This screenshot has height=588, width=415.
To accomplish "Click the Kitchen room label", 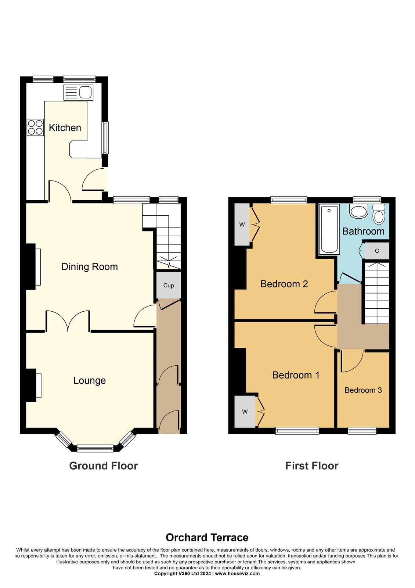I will [x=65, y=128].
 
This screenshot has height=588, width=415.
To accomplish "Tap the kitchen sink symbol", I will [x=79, y=92].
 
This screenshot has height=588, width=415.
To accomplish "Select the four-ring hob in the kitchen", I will [x=35, y=127].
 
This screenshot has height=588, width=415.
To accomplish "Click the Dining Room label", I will [x=90, y=267].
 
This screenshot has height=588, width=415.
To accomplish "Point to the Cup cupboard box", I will [x=169, y=285].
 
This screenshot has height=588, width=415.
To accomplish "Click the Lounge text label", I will [x=90, y=381].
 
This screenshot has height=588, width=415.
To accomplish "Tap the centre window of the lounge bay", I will [x=95, y=448].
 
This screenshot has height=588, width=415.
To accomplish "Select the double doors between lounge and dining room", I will [x=68, y=322].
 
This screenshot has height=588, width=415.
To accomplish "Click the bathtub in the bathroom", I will [x=329, y=230].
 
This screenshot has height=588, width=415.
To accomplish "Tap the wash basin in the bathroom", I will [x=358, y=211].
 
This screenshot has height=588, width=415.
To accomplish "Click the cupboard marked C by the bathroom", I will [x=376, y=251].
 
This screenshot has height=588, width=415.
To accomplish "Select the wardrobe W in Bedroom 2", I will [x=242, y=225].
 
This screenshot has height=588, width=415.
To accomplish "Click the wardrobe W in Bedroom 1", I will [x=245, y=412].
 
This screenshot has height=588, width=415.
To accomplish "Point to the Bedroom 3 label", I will [x=363, y=390].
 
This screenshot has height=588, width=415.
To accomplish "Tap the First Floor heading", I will [x=311, y=466].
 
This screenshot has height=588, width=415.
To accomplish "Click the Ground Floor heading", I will [x=103, y=466].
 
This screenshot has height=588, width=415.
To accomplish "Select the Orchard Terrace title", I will [x=207, y=538].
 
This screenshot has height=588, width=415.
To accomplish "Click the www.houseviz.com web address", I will [x=237, y=574].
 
